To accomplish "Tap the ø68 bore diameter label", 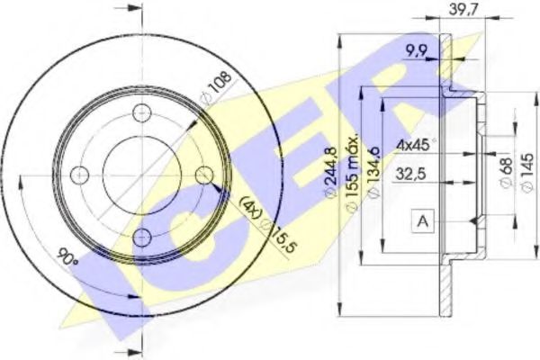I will click(505, 172).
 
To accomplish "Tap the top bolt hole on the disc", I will click(142, 113).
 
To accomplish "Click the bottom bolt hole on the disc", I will click(142, 236).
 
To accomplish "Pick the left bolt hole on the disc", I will click(81, 175).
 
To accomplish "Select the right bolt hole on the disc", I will click(203, 175).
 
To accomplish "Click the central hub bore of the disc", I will click(142, 175).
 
